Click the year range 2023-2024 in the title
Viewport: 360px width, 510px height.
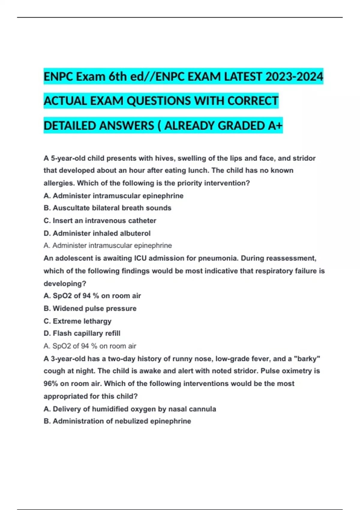(x=294, y=77)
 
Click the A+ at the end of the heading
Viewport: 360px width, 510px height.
(x=275, y=126)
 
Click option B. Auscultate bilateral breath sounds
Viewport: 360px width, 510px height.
(x=107, y=208)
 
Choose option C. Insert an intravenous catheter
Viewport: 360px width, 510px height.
(x=100, y=220)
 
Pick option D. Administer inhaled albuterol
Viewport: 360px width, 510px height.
(x=97, y=233)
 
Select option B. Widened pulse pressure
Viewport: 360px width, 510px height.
(x=90, y=308)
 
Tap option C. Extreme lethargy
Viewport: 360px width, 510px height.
(x=77, y=321)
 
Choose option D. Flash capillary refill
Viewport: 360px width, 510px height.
(x=82, y=333)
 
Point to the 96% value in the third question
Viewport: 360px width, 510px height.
(x=50, y=384)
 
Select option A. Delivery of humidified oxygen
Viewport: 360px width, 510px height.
(x=130, y=409)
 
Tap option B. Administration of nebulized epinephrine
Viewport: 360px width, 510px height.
(x=117, y=421)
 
